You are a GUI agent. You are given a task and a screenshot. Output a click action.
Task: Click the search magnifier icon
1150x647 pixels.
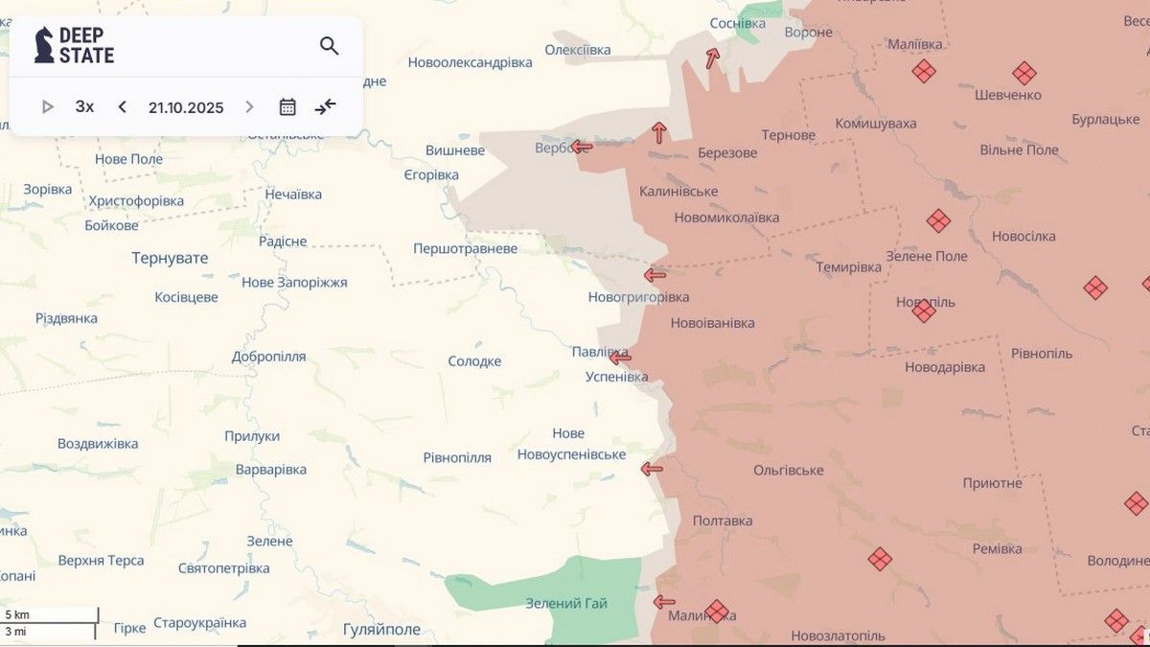(x=329, y=46)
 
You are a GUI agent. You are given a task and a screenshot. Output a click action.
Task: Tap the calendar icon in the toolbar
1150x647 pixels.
(x=287, y=106)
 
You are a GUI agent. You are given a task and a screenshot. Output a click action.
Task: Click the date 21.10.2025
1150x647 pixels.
(x=186, y=107)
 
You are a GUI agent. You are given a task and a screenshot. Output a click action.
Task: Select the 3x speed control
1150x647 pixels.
(x=84, y=106)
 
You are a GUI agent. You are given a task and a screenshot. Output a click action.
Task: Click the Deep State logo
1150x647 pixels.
(x=75, y=45)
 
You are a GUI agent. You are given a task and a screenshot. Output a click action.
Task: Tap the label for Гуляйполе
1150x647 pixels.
(x=381, y=629)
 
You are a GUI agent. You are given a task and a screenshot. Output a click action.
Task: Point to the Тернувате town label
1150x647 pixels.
(x=170, y=258)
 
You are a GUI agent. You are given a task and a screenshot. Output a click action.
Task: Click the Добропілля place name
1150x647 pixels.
(x=268, y=357)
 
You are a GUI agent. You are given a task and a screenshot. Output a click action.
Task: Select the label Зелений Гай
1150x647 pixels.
(x=566, y=603)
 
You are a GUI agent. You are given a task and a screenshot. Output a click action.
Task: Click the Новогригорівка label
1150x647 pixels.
(x=638, y=297)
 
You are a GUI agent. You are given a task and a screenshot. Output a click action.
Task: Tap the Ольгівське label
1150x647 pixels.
(x=788, y=470)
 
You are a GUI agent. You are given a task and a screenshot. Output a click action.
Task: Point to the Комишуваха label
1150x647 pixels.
(x=875, y=124)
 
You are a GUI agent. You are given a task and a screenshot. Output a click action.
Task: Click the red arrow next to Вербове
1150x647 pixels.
(x=582, y=147)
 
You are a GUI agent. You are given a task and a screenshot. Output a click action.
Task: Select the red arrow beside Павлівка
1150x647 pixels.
(x=621, y=358)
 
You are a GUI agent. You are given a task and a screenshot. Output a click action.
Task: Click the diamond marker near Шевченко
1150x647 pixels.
(x=1023, y=73)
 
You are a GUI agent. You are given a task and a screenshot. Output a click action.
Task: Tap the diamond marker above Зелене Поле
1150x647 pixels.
(x=938, y=221)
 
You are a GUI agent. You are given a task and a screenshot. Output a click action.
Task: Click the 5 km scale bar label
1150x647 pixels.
(x=17, y=613)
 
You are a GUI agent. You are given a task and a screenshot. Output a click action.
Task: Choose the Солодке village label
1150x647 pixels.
(x=474, y=361)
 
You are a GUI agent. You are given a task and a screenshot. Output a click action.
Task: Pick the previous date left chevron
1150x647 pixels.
(x=122, y=106)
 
